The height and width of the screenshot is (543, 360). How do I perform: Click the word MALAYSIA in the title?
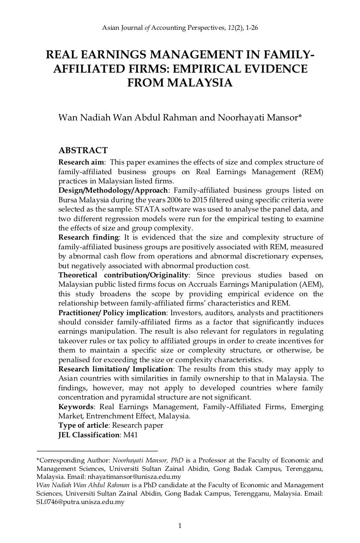201,83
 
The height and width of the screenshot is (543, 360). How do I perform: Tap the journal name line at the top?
180,28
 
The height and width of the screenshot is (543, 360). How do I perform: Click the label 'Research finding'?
88,238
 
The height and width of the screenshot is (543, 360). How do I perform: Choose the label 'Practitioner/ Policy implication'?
112,313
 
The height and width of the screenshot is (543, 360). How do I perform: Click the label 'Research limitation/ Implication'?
115,369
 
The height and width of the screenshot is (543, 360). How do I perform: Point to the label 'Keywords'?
76,407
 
